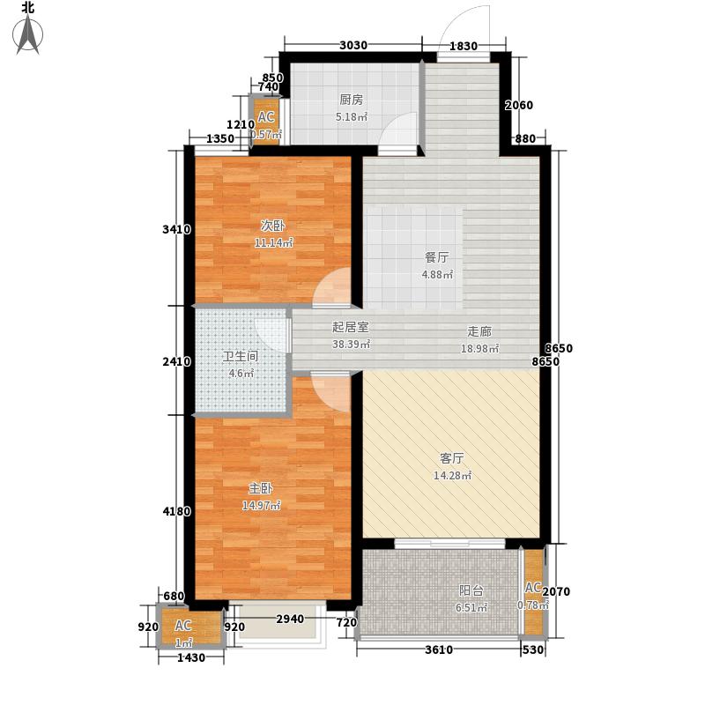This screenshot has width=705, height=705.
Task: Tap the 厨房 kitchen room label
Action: [x=351, y=100]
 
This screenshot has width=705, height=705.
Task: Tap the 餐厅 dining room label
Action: [x=437, y=257]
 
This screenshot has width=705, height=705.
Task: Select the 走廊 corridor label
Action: [x=479, y=331]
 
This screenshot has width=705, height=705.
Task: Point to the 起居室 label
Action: [x=350, y=327]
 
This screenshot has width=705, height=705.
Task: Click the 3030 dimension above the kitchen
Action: [x=352, y=46]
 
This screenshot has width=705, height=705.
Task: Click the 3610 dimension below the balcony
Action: [x=439, y=649]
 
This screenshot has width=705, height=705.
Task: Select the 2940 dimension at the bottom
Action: [x=289, y=619]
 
